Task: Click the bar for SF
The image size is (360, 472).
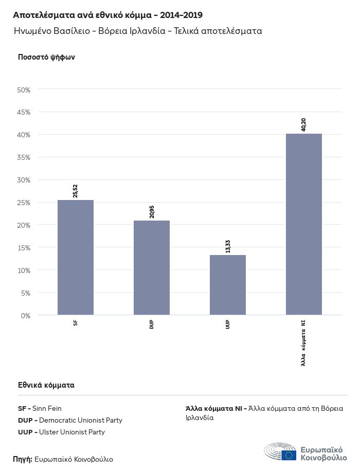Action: click(76, 257)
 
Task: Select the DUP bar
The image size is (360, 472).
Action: click(152, 267)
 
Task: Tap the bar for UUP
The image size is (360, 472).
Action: click(228, 285)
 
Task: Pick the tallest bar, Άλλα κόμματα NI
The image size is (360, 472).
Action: click(304, 224)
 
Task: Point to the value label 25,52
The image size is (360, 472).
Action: click(76, 191)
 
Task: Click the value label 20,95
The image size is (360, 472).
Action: click(152, 211)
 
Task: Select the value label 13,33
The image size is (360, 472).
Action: click(228, 246)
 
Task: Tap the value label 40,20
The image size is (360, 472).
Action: click(304, 124)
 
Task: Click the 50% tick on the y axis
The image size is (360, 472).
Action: click(24, 90)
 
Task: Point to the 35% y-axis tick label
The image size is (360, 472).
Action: click(24, 157)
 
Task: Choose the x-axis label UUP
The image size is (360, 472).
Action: click(228, 324)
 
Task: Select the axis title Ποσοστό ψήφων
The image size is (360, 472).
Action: click(47, 57)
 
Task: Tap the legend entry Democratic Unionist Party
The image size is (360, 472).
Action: click(70, 421)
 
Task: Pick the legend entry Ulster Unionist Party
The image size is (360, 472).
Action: click(61, 432)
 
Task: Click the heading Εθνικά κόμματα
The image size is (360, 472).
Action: click(46, 385)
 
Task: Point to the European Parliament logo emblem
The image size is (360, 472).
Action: click(280, 451)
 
